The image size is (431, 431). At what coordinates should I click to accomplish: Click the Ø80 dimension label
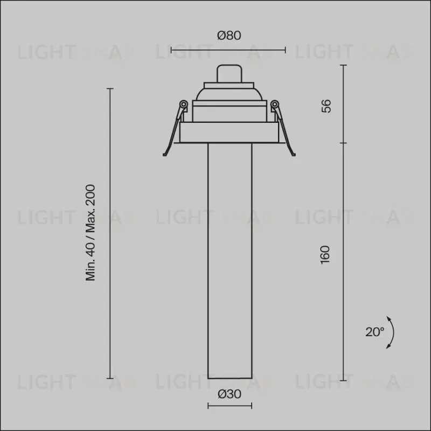[x=229, y=36]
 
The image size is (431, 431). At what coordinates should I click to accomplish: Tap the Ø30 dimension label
[x=230, y=394]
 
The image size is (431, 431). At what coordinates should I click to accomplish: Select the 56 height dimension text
[x=326, y=106]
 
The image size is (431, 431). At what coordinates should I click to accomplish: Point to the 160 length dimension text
[x=325, y=255]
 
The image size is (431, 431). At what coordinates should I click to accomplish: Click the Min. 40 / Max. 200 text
[x=90, y=233]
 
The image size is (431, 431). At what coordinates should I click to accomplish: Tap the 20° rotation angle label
[x=374, y=332]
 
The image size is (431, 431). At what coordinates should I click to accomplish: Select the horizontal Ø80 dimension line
[x=228, y=50]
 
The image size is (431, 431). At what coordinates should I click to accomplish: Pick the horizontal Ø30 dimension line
[x=230, y=406]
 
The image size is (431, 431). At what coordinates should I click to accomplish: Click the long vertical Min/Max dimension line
[x=110, y=233]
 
